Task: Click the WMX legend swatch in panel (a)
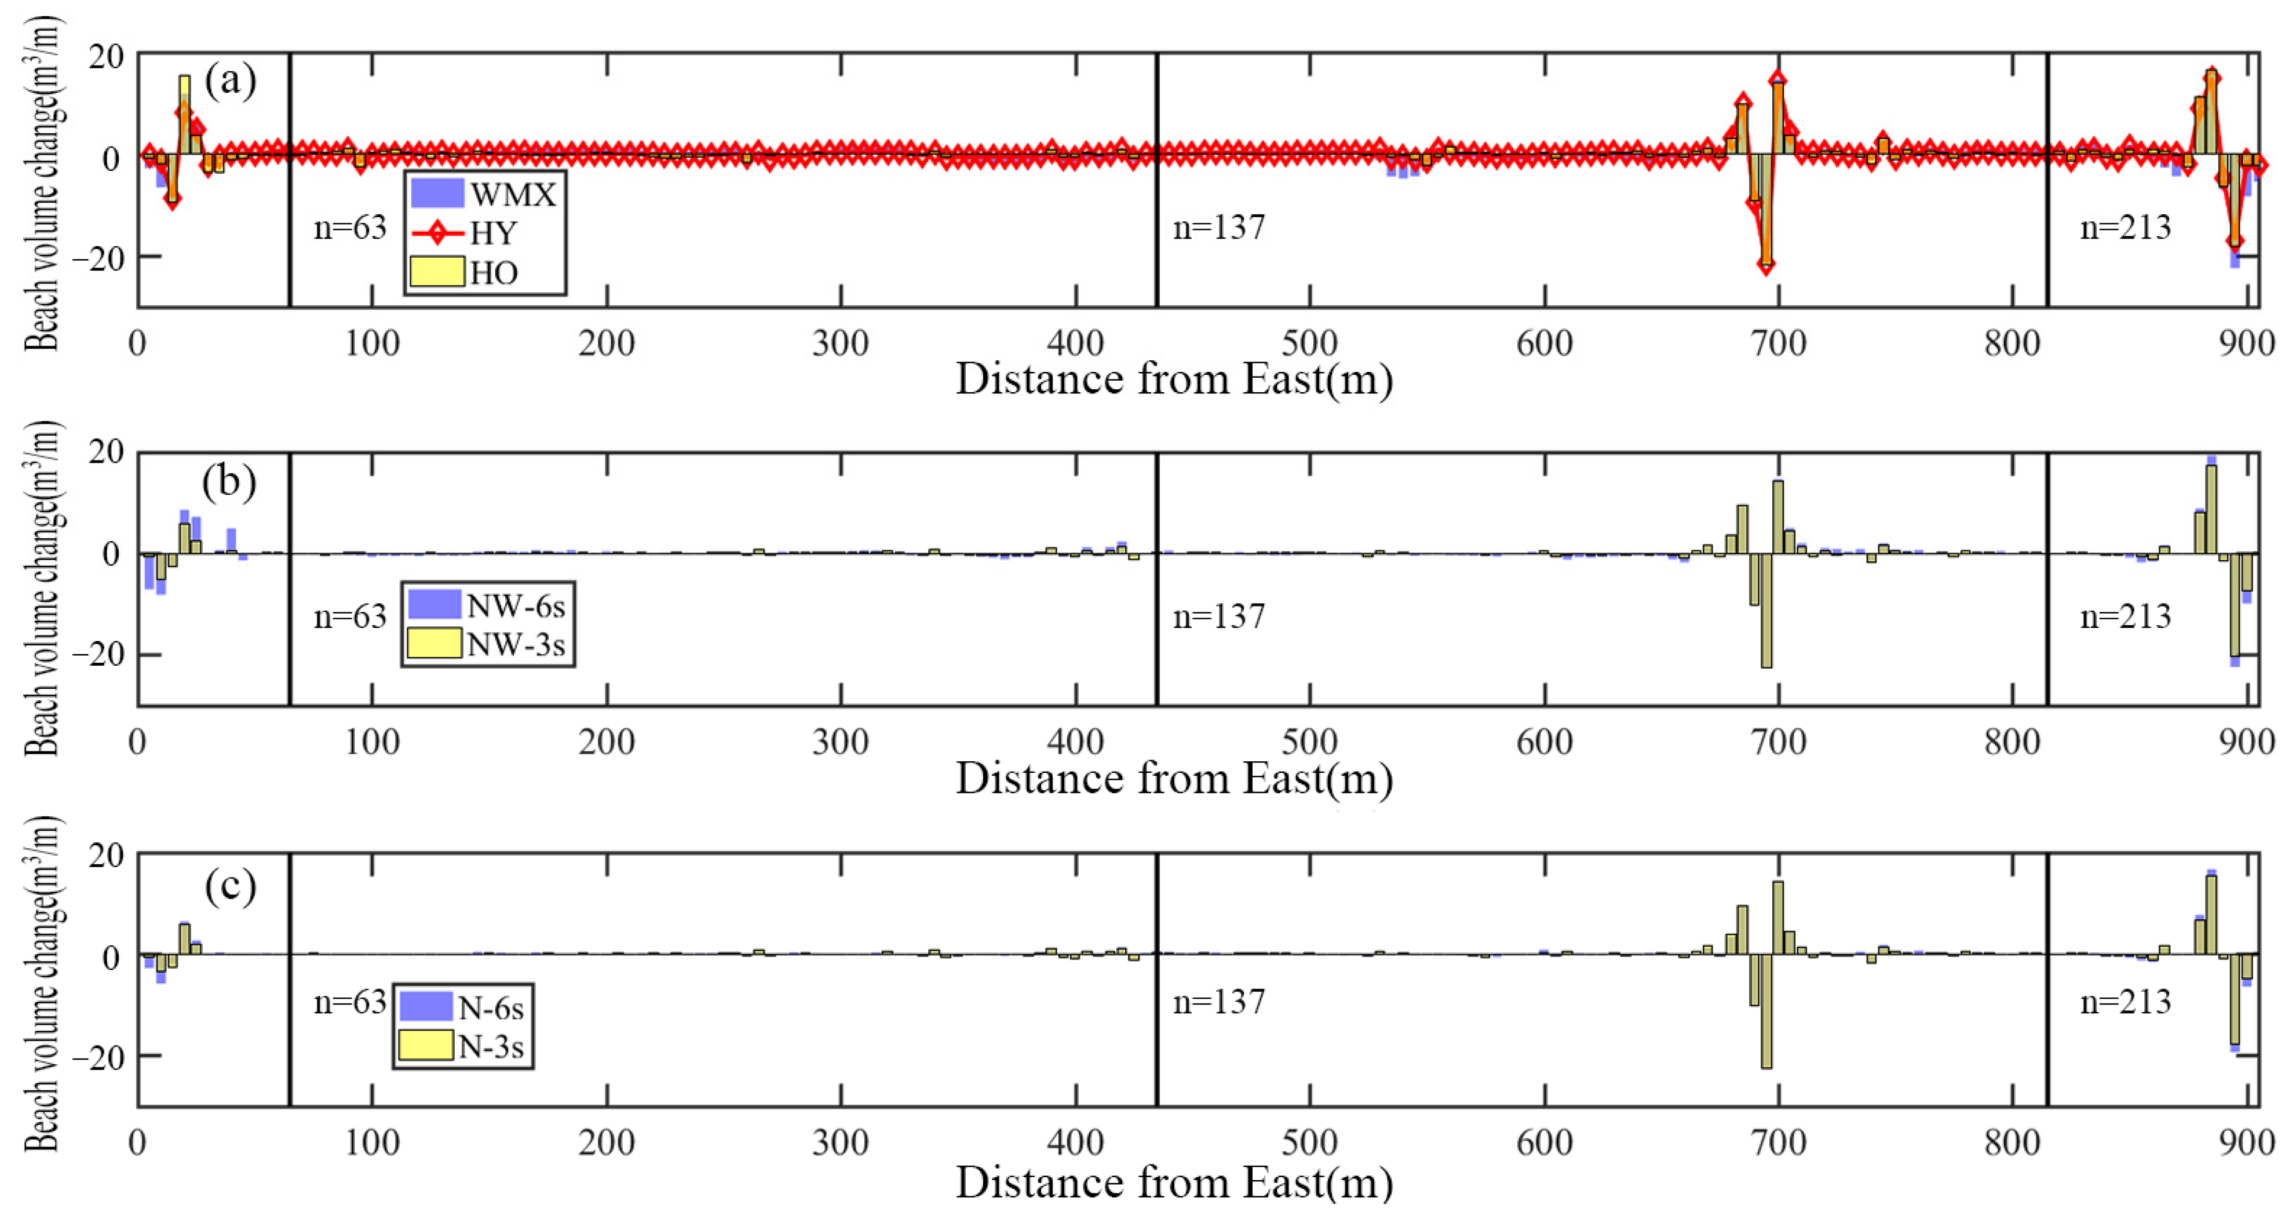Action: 437,192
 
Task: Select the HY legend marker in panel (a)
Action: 437,233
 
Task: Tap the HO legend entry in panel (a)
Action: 437,272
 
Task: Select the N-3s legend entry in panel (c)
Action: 425,1045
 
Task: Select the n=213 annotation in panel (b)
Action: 2125,617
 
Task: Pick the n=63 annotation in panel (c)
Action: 349,1002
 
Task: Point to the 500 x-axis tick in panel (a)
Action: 1309,343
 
